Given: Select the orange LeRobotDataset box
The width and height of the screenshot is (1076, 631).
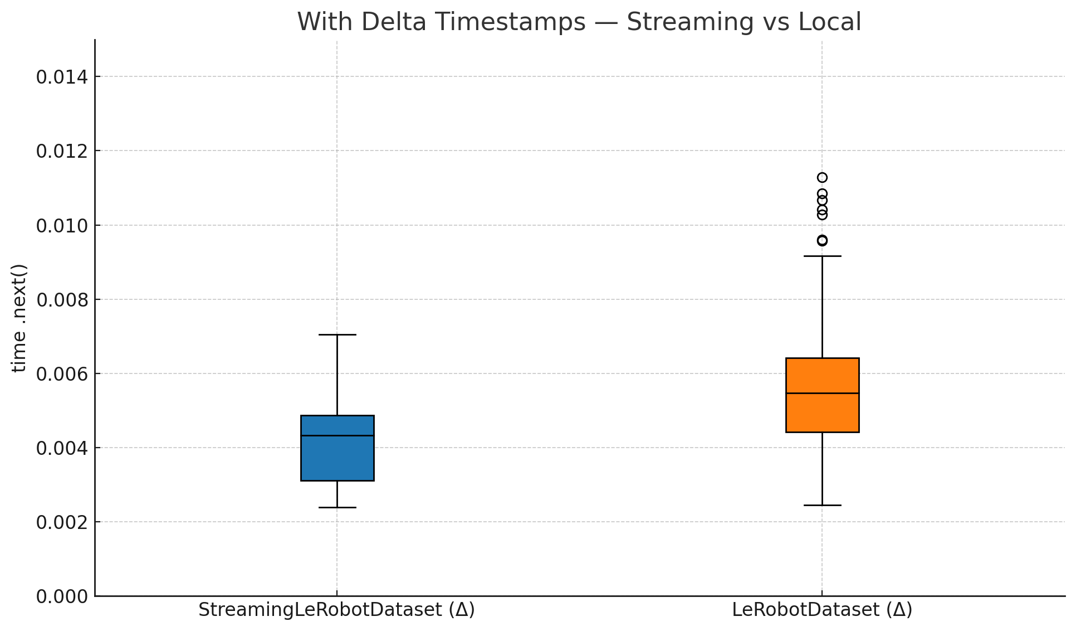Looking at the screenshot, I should (822, 412).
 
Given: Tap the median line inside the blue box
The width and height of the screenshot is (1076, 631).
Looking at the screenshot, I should (337, 435).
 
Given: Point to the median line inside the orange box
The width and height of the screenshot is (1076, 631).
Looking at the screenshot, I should (822, 393).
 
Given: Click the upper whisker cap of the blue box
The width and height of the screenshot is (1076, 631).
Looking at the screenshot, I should (337, 334).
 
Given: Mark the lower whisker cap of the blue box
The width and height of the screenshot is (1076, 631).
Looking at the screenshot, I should (337, 507).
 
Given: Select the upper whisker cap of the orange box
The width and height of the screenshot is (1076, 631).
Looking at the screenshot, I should (822, 256).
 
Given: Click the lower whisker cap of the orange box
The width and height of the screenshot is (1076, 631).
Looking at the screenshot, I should (822, 505).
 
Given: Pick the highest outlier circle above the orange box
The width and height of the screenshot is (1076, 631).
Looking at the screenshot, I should (822, 177).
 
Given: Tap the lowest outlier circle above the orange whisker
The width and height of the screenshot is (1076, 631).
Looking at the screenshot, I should (822, 240).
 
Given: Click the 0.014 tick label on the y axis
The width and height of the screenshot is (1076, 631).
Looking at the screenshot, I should (62, 77).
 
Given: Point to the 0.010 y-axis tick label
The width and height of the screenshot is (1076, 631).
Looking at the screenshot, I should (62, 226).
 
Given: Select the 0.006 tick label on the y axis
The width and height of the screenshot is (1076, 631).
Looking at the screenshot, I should (62, 374).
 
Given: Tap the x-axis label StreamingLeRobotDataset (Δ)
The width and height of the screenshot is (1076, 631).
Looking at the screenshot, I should (336, 610).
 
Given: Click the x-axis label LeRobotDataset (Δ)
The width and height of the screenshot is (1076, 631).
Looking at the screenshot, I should (821, 610).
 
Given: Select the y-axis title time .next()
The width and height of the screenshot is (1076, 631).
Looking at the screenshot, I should (19, 318).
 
